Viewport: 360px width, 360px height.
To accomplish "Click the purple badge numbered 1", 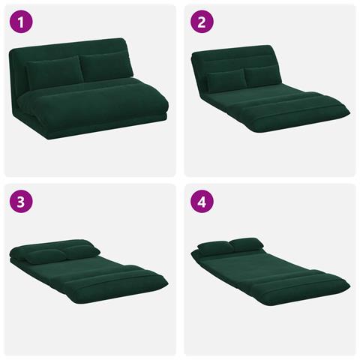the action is point(21,22).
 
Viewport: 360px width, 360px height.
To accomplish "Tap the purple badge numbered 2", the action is point(202,22).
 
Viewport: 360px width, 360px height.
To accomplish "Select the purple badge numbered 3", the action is point(21,202).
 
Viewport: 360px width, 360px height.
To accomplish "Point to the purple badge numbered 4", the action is point(202,202).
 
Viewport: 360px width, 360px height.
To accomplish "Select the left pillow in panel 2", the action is point(226,79).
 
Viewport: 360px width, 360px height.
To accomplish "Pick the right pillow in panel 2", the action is point(262,75).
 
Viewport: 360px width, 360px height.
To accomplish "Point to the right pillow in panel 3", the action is point(80,251).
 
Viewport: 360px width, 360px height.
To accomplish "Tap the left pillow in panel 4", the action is point(215,247).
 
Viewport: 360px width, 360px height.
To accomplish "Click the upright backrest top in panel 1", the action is point(67,46).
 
